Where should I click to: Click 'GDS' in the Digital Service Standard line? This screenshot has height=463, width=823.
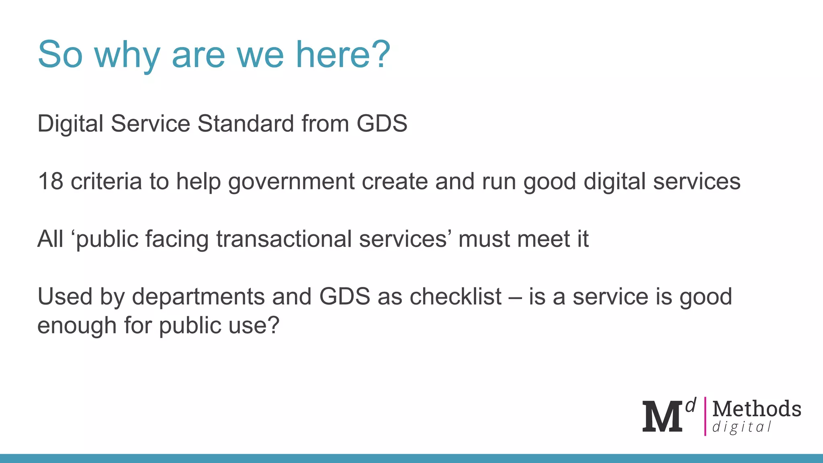(382, 123)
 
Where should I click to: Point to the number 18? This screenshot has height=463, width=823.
(51, 181)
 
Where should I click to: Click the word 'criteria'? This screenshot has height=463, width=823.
(106, 181)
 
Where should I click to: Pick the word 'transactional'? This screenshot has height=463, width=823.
(284, 239)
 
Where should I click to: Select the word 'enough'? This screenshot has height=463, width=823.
(77, 326)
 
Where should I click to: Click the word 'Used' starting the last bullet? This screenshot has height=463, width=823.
(65, 297)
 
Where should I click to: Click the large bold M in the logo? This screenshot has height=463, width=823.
(662, 417)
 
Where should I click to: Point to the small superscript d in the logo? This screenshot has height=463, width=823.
(691, 406)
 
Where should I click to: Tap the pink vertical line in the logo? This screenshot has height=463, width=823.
(705, 416)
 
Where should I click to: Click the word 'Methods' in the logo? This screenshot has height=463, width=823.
(757, 409)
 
